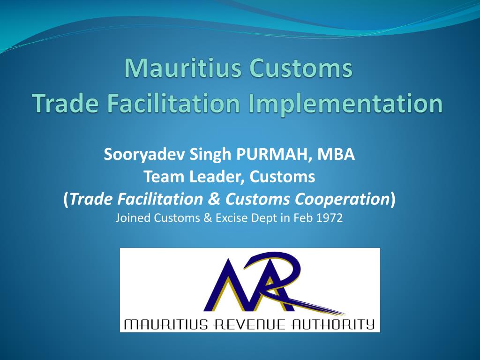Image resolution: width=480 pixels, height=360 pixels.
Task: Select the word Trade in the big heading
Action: [65, 103]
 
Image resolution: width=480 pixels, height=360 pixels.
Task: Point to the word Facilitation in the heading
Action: [173, 103]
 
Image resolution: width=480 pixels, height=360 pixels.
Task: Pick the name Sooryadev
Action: [144, 154]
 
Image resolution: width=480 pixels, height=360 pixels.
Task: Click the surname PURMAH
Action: [271, 154]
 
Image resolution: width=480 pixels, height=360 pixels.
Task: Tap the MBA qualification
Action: [336, 154]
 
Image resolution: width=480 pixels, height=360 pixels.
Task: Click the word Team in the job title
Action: [164, 177]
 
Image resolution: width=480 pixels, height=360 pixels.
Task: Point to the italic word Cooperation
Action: [342, 199]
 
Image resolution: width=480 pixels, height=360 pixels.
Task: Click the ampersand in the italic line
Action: [214, 199]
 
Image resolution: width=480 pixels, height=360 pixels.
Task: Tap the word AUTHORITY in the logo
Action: [332, 324]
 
